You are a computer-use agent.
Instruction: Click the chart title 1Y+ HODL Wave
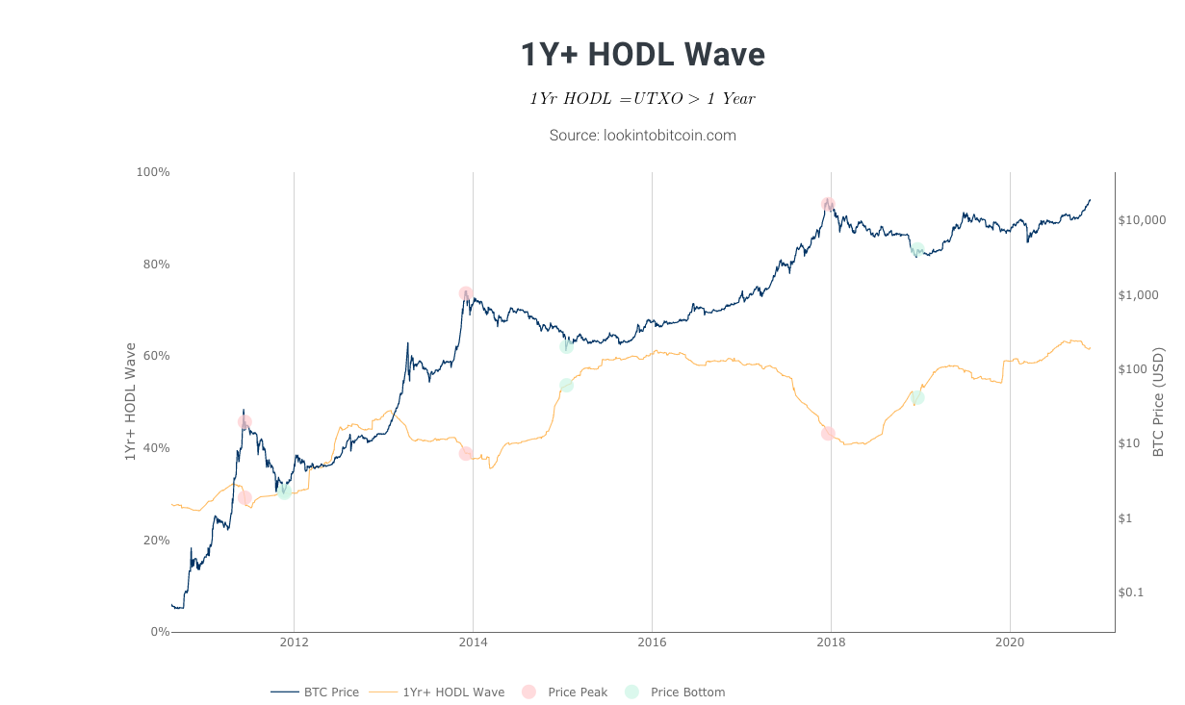click(642, 55)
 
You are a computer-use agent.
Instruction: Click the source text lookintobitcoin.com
click(642, 136)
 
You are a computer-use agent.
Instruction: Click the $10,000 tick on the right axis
click(1143, 220)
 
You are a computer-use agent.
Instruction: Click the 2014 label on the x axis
click(473, 642)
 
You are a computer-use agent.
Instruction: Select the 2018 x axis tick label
click(831, 642)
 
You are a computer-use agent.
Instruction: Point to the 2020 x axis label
click(1010, 642)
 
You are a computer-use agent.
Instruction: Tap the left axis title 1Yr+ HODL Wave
click(130, 401)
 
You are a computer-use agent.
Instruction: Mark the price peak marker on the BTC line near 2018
click(828, 204)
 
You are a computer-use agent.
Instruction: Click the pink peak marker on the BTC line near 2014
click(466, 293)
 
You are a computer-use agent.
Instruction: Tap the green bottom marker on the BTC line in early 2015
click(566, 346)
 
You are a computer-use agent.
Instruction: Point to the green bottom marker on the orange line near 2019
click(917, 397)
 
